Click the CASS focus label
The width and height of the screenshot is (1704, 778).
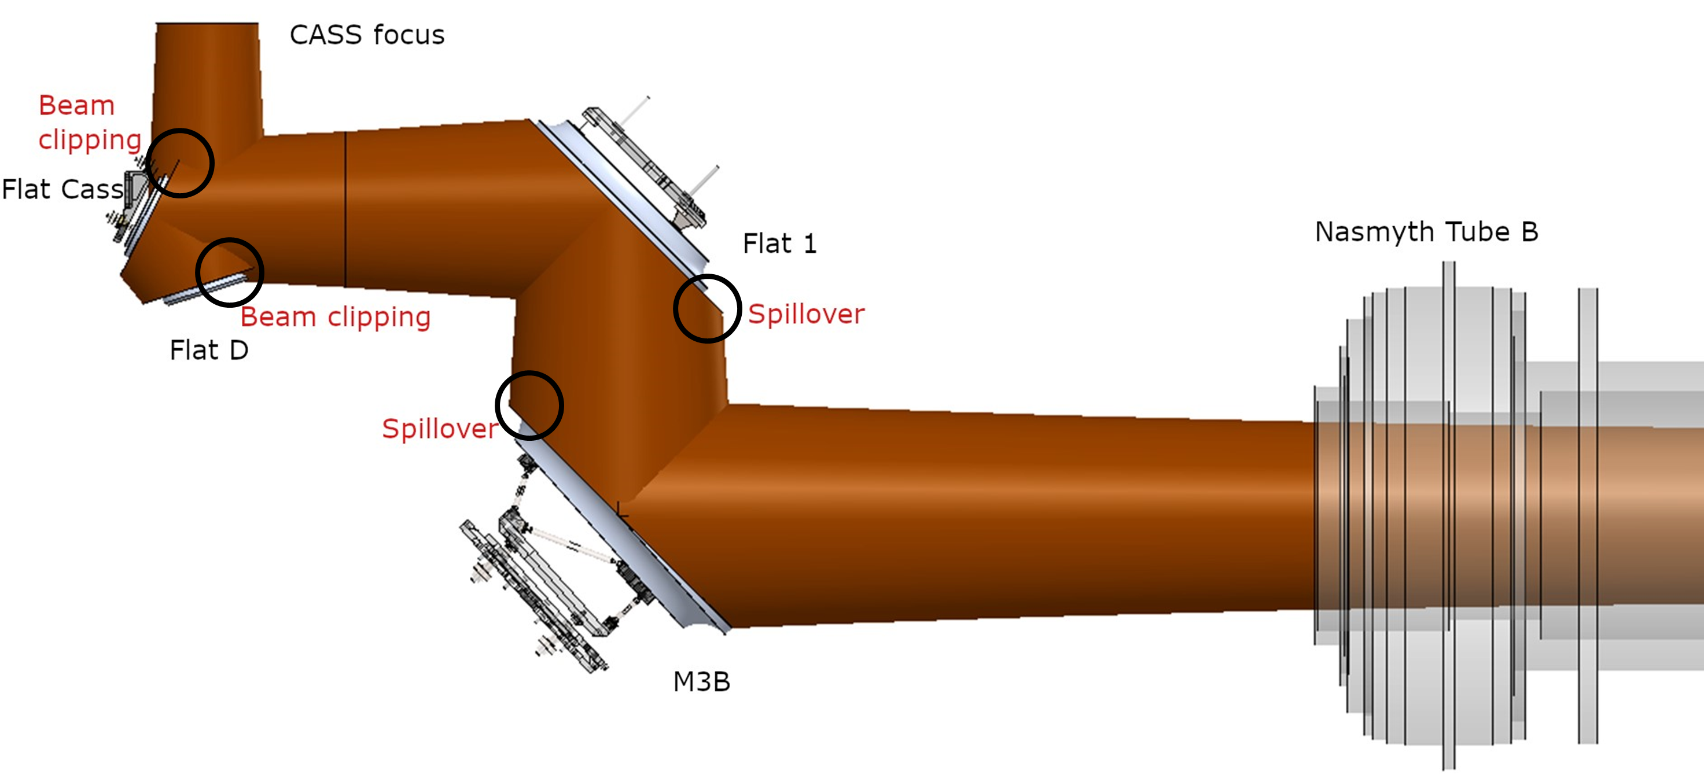pyautogui.click(x=367, y=35)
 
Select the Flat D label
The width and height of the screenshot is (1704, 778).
pyautogui.click(x=209, y=350)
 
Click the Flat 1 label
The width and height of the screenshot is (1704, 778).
pyautogui.click(x=779, y=244)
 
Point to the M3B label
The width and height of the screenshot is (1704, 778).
pyautogui.click(x=701, y=681)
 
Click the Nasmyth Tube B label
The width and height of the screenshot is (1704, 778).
pyautogui.click(x=1426, y=231)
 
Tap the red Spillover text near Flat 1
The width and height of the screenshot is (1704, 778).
pyautogui.click(x=805, y=314)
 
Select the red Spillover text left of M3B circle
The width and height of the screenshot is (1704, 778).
pyautogui.click(x=439, y=429)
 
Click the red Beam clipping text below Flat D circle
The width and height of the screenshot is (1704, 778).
pyautogui.click(x=336, y=317)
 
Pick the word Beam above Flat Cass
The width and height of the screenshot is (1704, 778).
pyautogui.click(x=77, y=105)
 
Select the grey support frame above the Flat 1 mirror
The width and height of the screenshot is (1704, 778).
pyautogui.click(x=645, y=165)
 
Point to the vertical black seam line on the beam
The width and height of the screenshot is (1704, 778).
pyautogui.click(x=345, y=208)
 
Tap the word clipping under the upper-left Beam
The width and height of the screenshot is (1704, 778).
pyautogui.click(x=90, y=140)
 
